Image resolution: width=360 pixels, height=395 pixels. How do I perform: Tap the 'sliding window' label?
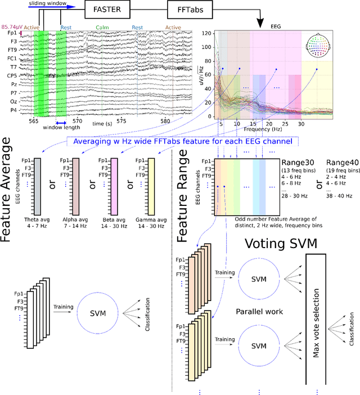(46, 3)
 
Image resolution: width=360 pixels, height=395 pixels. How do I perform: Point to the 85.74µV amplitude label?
(11, 26)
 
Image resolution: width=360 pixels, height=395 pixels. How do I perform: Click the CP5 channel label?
(11, 75)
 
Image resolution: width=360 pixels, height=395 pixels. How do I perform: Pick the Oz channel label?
(12, 101)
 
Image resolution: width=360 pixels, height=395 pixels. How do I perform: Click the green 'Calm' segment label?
(102, 27)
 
